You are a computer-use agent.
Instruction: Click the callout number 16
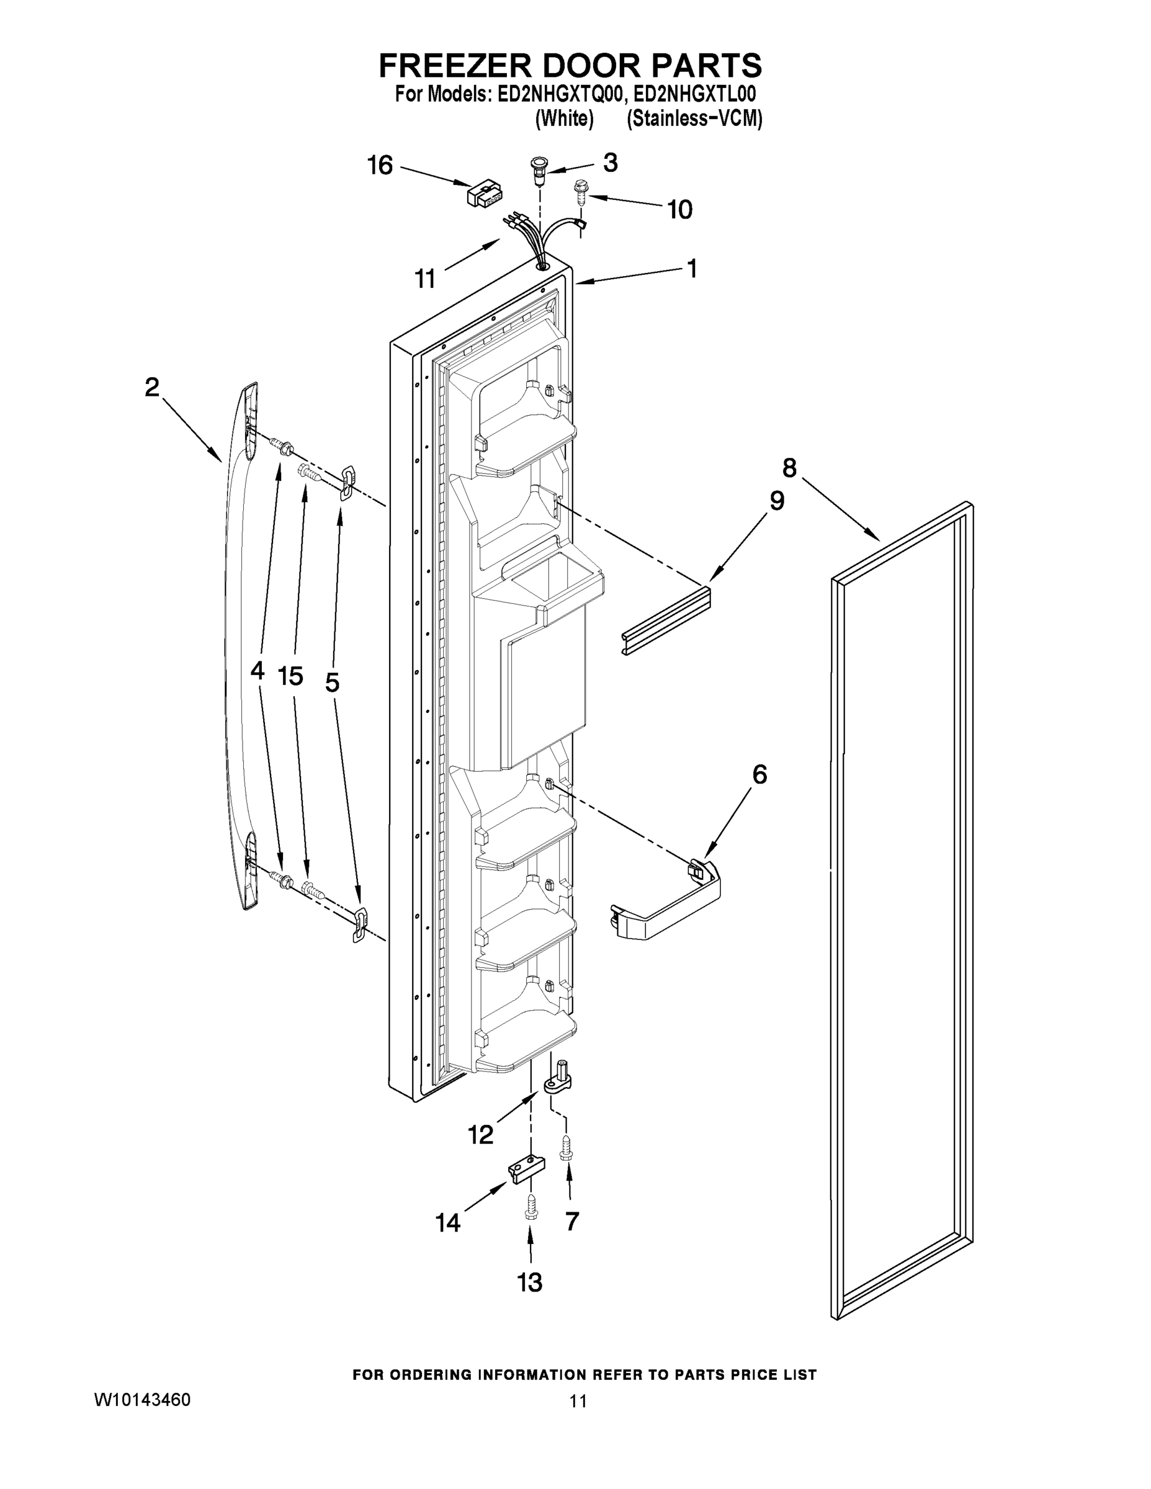coord(380,165)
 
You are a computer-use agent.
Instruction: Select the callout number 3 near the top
coord(611,163)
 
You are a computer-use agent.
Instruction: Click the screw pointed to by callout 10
coord(581,192)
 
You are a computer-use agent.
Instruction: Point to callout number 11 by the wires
coord(426,278)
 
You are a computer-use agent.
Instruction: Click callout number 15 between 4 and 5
coord(290,676)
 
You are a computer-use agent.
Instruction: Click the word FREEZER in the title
coord(453,65)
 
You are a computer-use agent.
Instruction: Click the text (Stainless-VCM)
coord(694,118)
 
